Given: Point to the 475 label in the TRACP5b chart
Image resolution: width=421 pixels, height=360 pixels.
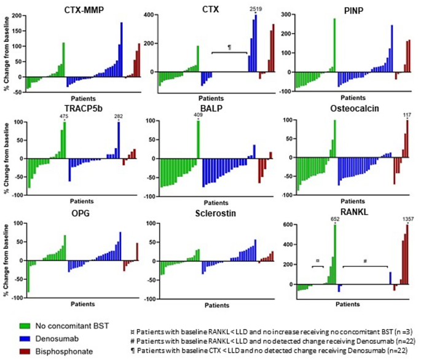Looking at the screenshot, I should coord(63,116).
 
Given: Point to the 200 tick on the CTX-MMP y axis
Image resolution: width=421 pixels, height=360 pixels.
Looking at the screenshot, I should coord(16,14).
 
